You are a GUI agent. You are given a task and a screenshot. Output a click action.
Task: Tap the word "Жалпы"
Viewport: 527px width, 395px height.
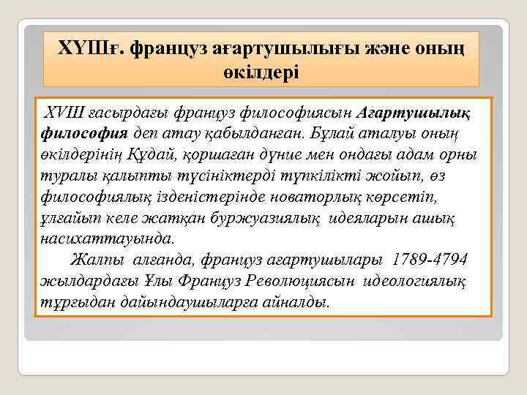click(97, 260)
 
